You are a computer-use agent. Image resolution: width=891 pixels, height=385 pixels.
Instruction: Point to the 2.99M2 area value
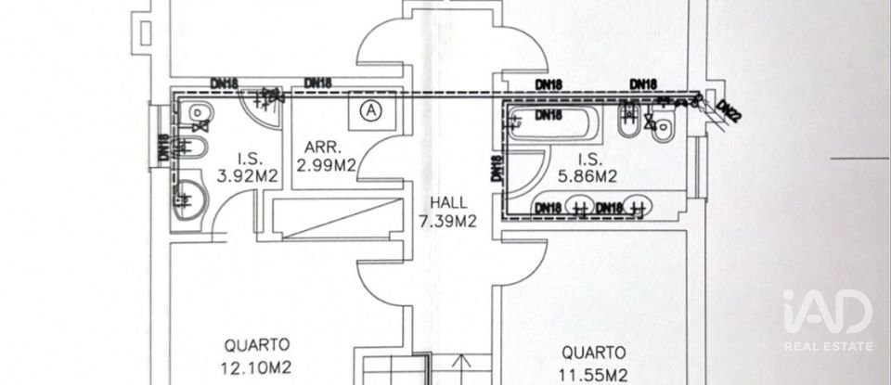(x=325, y=166)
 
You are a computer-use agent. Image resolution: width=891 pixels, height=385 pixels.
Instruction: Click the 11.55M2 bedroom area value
(x=592, y=376)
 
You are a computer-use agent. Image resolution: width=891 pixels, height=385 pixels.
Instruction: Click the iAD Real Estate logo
(x=827, y=320)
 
